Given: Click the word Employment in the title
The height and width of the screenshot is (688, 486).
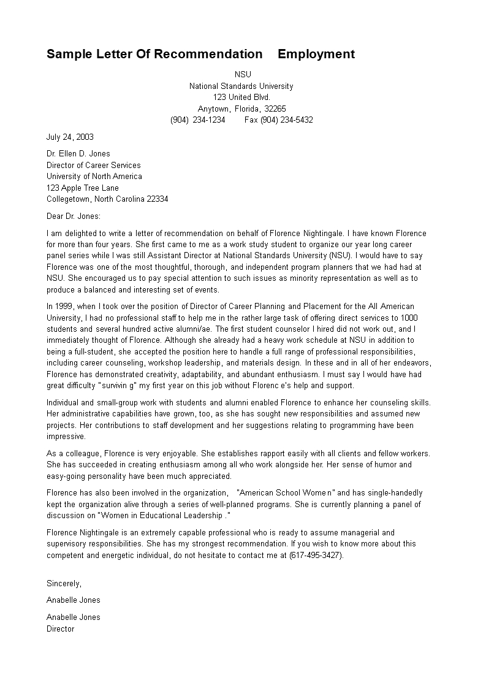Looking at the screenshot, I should pos(316,54).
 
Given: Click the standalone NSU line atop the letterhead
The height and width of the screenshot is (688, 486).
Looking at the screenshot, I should pos(243,75).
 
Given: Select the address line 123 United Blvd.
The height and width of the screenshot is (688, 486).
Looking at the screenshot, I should pos(241,97).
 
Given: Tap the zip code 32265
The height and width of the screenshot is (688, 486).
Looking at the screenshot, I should pos(275,109).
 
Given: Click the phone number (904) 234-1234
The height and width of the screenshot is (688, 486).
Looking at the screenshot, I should pos(197,120).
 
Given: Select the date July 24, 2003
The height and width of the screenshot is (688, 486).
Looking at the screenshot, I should pos(70,137).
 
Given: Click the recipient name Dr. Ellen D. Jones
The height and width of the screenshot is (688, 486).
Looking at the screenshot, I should pos(78,154).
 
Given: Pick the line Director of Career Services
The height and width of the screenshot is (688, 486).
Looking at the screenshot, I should pos(93,165).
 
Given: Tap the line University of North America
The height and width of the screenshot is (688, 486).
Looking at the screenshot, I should pos(94,177).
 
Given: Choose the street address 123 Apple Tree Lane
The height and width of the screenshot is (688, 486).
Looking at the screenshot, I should pos(83,188).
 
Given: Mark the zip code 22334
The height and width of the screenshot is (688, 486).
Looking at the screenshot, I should pos(157,199).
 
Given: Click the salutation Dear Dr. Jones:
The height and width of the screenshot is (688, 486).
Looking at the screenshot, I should pos(74,216).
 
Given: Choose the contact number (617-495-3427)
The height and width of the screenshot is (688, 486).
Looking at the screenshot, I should pos(316,556).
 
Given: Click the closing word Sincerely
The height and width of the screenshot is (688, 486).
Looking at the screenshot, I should pos(64,583).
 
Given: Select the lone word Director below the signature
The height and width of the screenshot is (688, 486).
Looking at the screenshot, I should pos(60,629).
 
